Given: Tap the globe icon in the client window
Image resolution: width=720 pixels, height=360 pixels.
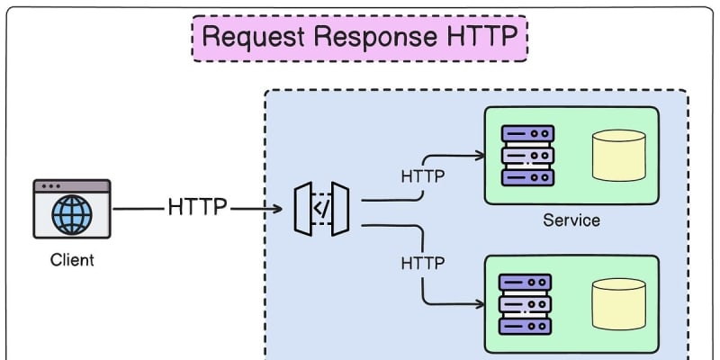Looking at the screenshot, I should tap(72, 216).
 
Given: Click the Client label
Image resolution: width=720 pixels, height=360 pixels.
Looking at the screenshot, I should tap(72, 261).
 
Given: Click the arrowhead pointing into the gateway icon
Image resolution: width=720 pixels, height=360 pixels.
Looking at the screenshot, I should tap(279, 210).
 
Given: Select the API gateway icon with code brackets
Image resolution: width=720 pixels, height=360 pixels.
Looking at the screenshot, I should tap(321, 210).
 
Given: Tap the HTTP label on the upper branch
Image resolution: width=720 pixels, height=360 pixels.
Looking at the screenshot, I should tap(423, 175).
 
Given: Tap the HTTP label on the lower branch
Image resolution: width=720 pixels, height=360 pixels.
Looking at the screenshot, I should tap(423, 264).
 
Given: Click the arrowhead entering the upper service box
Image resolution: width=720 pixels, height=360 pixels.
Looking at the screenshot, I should tap(477, 155).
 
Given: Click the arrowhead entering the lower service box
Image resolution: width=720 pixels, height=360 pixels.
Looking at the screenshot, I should tap(477, 303).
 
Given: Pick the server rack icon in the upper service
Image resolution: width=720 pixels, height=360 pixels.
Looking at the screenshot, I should tap(527, 155).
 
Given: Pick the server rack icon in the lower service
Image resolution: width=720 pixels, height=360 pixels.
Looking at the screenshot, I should tap(526, 303).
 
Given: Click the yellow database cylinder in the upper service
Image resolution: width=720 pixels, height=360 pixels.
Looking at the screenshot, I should tap(618, 155).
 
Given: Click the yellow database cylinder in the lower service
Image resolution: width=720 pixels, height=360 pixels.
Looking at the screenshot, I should tap(618, 303).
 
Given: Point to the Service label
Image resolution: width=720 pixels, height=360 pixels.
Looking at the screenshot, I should tap(571, 220).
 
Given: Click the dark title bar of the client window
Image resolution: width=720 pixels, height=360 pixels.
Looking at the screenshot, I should tap(72, 186).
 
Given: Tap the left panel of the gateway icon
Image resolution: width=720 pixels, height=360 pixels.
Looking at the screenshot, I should tap(303, 210).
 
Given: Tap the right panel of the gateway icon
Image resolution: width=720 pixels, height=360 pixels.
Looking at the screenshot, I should tap(340, 210).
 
